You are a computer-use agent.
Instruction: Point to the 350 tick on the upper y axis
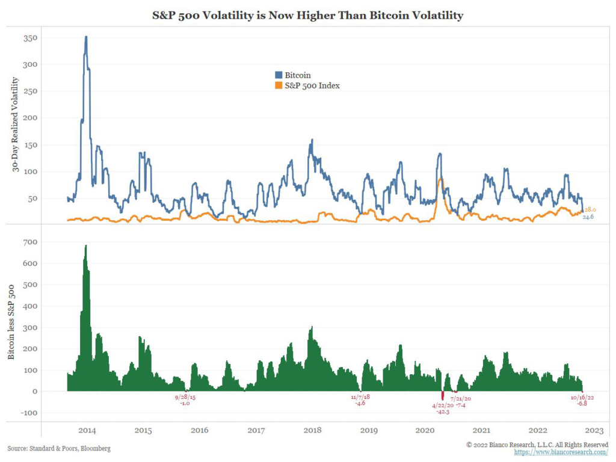[x=29, y=38]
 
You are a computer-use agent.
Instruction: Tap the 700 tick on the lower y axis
[x=29, y=242]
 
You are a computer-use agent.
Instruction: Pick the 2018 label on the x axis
[x=312, y=430]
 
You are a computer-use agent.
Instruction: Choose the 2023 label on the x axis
[x=594, y=430]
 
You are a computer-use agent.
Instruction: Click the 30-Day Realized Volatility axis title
[x=15, y=125]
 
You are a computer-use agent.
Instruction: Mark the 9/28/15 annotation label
[x=185, y=397]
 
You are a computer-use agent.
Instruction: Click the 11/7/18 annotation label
[x=361, y=397]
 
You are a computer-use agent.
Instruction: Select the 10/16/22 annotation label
[x=582, y=397]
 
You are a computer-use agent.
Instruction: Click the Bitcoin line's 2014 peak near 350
[x=86, y=37]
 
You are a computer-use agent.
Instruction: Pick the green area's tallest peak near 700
[x=86, y=246]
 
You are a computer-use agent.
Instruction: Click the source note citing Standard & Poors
[x=59, y=449]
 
